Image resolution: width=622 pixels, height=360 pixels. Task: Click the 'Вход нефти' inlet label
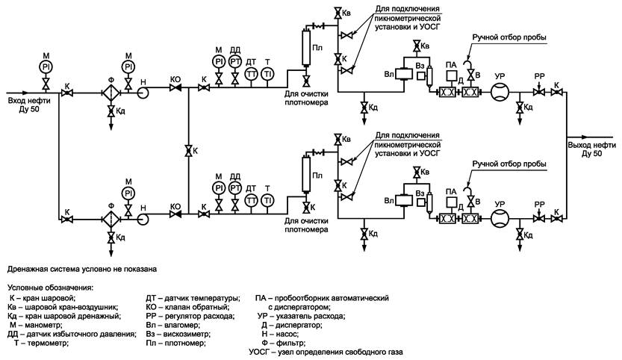click(24, 101)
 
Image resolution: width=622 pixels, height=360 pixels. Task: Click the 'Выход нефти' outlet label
click(591, 146)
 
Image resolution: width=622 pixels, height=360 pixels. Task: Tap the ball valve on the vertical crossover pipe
click(189, 151)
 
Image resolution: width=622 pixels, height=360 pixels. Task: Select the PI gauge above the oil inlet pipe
click(46, 66)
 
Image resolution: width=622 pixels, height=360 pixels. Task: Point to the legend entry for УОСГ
click(326, 352)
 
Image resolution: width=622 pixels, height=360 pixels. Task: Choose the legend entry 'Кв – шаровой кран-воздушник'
click(63, 307)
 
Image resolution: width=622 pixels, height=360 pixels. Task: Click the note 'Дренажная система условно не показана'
click(82, 269)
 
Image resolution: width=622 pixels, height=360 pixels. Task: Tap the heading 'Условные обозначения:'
click(50, 288)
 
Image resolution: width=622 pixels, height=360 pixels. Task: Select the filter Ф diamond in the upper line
click(111, 93)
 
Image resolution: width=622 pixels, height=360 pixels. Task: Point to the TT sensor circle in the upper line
click(251, 74)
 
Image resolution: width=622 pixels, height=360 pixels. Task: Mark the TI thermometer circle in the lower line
click(268, 200)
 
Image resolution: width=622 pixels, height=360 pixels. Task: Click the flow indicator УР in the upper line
click(500, 93)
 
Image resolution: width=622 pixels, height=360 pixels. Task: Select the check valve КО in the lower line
click(175, 214)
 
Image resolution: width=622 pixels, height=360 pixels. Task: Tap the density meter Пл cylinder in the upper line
click(306, 46)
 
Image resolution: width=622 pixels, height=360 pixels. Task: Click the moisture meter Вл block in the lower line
click(403, 200)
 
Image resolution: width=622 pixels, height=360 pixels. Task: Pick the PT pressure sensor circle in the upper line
click(235, 61)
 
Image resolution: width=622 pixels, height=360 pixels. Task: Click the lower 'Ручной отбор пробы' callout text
click(509, 164)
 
